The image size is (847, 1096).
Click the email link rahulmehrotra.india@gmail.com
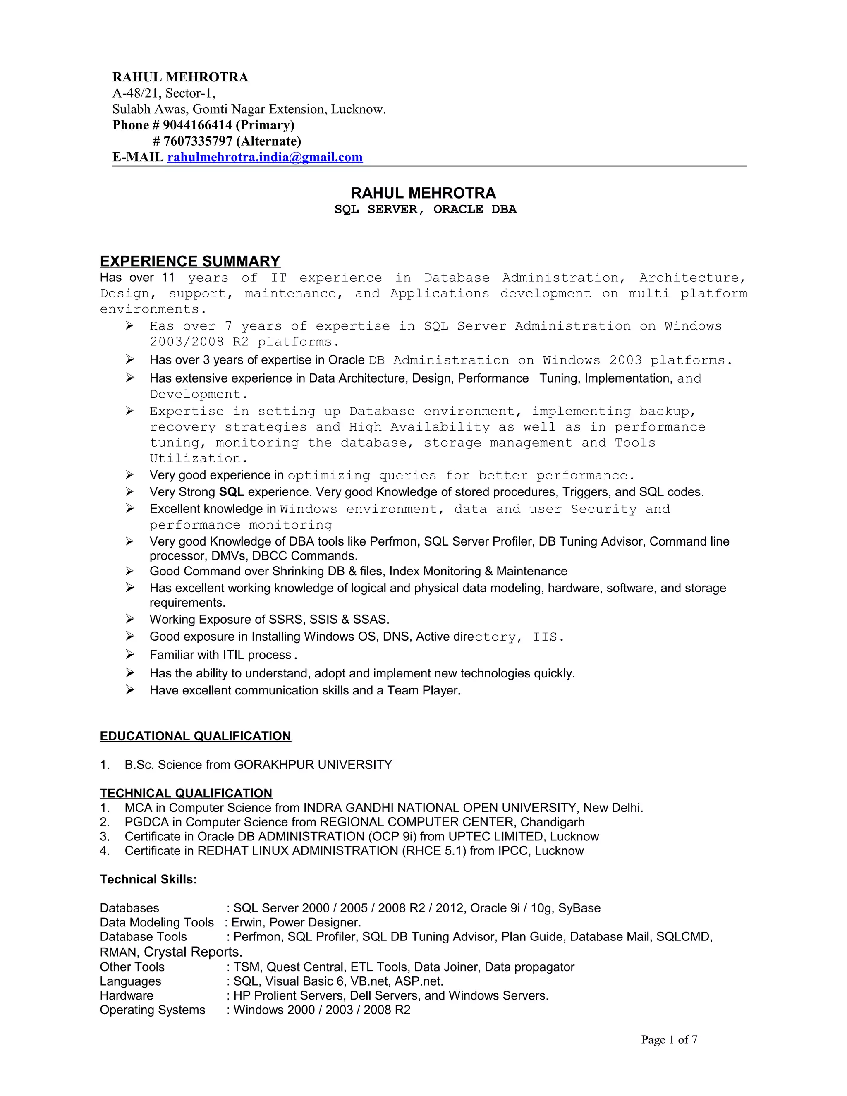(265, 158)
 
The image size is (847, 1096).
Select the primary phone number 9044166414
(197, 125)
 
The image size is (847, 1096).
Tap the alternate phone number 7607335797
(198, 141)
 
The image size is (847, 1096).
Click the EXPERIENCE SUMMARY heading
(190, 261)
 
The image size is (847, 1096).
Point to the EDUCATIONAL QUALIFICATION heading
(195, 736)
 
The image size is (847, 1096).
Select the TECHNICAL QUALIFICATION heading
(186, 793)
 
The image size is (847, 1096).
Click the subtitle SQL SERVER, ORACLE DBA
(425, 209)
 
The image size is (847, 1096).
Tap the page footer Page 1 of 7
(669, 1040)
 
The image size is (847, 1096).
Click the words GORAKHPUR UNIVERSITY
(313, 765)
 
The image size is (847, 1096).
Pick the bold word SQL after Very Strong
(231, 492)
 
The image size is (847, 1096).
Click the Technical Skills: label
(148, 880)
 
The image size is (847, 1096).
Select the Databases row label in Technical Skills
(129, 908)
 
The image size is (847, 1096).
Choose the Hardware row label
(127, 995)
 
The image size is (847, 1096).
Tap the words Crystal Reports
(193, 952)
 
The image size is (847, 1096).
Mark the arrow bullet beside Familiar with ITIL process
(130, 654)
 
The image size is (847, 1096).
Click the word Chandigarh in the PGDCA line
(552, 822)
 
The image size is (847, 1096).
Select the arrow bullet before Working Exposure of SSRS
(130, 619)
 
